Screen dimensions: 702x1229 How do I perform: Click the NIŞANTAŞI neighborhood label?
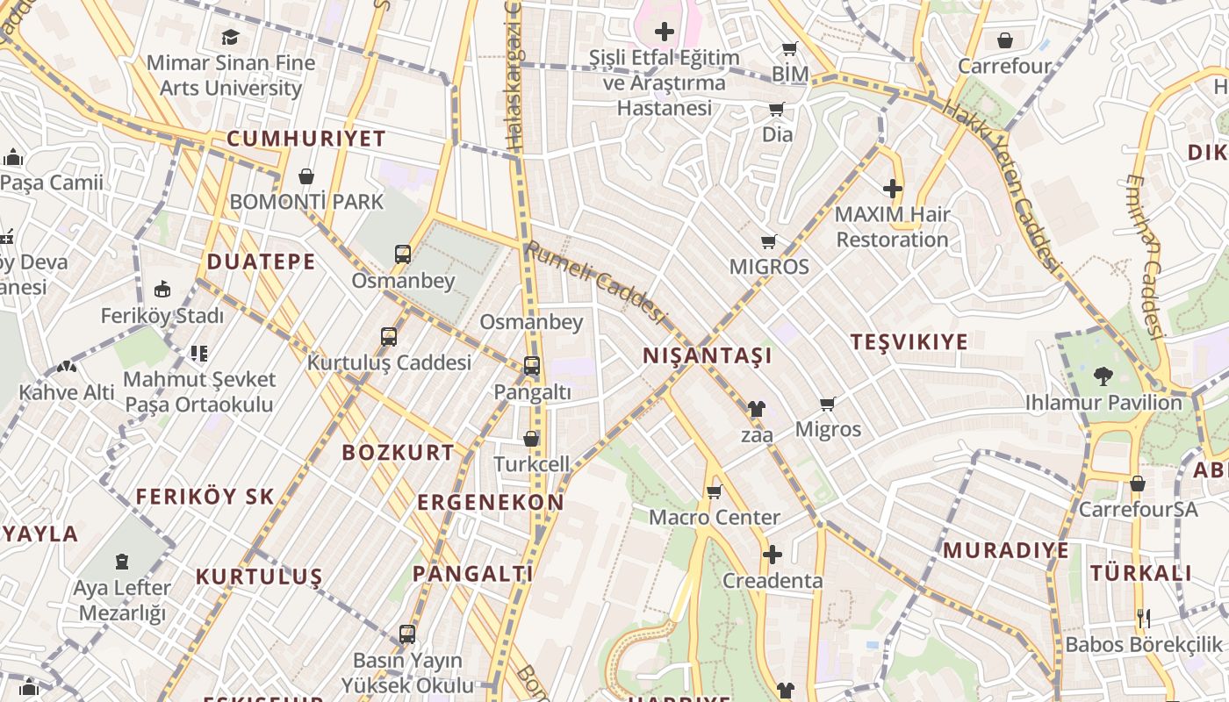[707, 355]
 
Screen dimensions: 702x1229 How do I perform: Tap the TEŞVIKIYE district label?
[909, 342]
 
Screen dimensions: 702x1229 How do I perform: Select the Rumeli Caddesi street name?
[596, 283]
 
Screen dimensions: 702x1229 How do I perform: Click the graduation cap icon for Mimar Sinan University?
[230, 37]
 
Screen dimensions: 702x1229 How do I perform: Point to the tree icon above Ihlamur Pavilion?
[1103, 376]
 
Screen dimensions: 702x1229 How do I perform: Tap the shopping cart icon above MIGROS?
[769, 241]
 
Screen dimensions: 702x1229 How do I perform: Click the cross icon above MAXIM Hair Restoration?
[893, 189]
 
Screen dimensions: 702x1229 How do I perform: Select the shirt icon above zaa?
[756, 409]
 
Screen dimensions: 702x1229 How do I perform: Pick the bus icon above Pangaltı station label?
[531, 366]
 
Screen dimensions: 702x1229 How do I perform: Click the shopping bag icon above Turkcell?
[531, 439]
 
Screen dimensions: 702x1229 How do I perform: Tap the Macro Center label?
[714, 517]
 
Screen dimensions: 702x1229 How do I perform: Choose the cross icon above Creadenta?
[772, 555]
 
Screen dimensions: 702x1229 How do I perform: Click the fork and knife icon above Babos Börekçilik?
[1143, 619]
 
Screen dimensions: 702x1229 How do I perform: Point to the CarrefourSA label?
[1138, 509]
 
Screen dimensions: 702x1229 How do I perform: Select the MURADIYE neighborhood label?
[1006, 550]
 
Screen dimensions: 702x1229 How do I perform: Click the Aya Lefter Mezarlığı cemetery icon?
[121, 562]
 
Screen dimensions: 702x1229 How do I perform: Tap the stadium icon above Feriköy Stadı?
[162, 290]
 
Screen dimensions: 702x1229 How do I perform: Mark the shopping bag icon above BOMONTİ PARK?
[306, 176]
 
